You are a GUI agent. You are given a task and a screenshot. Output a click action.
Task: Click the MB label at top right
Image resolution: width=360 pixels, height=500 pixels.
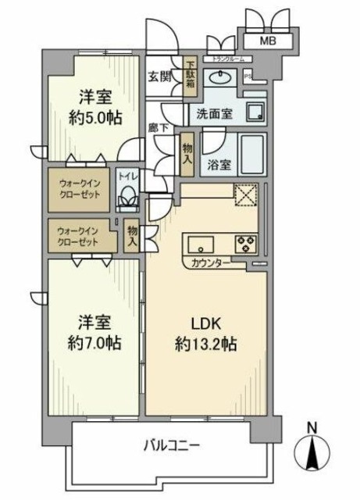pyautogui.click(x=267, y=41)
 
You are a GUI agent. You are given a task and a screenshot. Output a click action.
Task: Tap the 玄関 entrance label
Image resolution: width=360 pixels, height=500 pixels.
pyautogui.click(x=161, y=76)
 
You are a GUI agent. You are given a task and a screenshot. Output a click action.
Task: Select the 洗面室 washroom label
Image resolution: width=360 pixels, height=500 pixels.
pyautogui.click(x=213, y=112)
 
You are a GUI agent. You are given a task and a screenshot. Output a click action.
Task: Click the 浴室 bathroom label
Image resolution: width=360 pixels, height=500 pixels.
pyautogui.click(x=219, y=165)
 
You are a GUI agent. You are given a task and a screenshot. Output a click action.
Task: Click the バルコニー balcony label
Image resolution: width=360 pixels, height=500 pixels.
pyautogui.click(x=172, y=447)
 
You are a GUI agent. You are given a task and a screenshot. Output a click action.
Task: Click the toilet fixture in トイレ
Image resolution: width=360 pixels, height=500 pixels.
pyautogui.click(x=128, y=202)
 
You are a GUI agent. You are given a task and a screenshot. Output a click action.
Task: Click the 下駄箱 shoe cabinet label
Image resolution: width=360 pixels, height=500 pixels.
pyautogui.click(x=190, y=73)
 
